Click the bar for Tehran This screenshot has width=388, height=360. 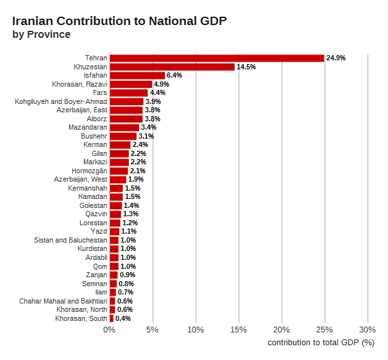(217, 58)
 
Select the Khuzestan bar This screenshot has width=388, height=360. (172, 67)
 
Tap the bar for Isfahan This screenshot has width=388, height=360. (137, 75)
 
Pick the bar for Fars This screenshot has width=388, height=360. (128, 92)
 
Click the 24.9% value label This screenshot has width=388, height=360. (336, 58)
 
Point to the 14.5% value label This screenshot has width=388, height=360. (246, 67)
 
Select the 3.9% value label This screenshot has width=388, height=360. (153, 101)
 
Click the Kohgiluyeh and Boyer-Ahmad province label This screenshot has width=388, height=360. (61, 101)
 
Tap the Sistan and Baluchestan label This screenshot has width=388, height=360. (71, 240)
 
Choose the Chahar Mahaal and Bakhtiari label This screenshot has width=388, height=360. (63, 301)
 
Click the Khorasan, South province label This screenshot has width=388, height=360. (81, 318)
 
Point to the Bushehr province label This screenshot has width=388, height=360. (94, 136)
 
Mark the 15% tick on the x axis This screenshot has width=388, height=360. (239, 330)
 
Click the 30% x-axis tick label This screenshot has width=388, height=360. (367, 330)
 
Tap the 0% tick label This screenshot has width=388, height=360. (110, 330)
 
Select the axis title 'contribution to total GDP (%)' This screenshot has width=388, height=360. (321, 343)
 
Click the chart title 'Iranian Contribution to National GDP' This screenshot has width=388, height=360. (119, 21)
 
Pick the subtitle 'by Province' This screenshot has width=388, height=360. (42, 35)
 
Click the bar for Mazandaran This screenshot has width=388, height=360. (124, 127)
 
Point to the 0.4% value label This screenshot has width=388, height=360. (123, 318)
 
